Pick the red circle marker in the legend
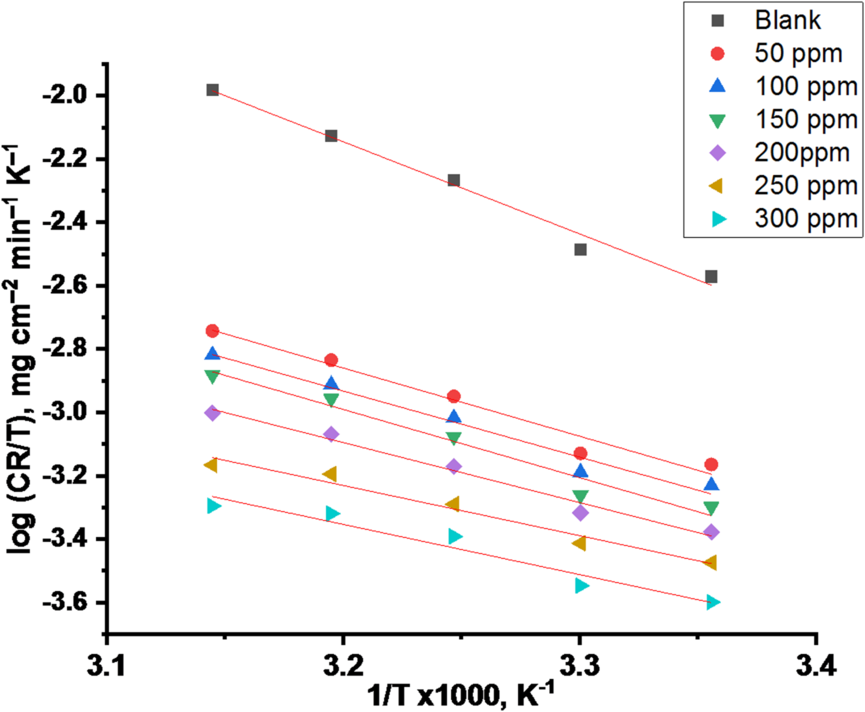(717, 53)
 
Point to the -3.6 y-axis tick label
(72, 603)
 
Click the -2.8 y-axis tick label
(72, 349)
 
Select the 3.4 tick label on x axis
(817, 668)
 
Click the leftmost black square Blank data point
(212, 90)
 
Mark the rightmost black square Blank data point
(711, 277)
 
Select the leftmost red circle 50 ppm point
(212, 331)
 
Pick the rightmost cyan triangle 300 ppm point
(712, 603)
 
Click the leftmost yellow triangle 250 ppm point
(211, 465)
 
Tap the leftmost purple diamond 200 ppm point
(212, 413)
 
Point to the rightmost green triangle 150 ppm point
(711, 508)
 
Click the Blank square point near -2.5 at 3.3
(580, 249)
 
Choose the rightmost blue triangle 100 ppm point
(711, 484)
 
